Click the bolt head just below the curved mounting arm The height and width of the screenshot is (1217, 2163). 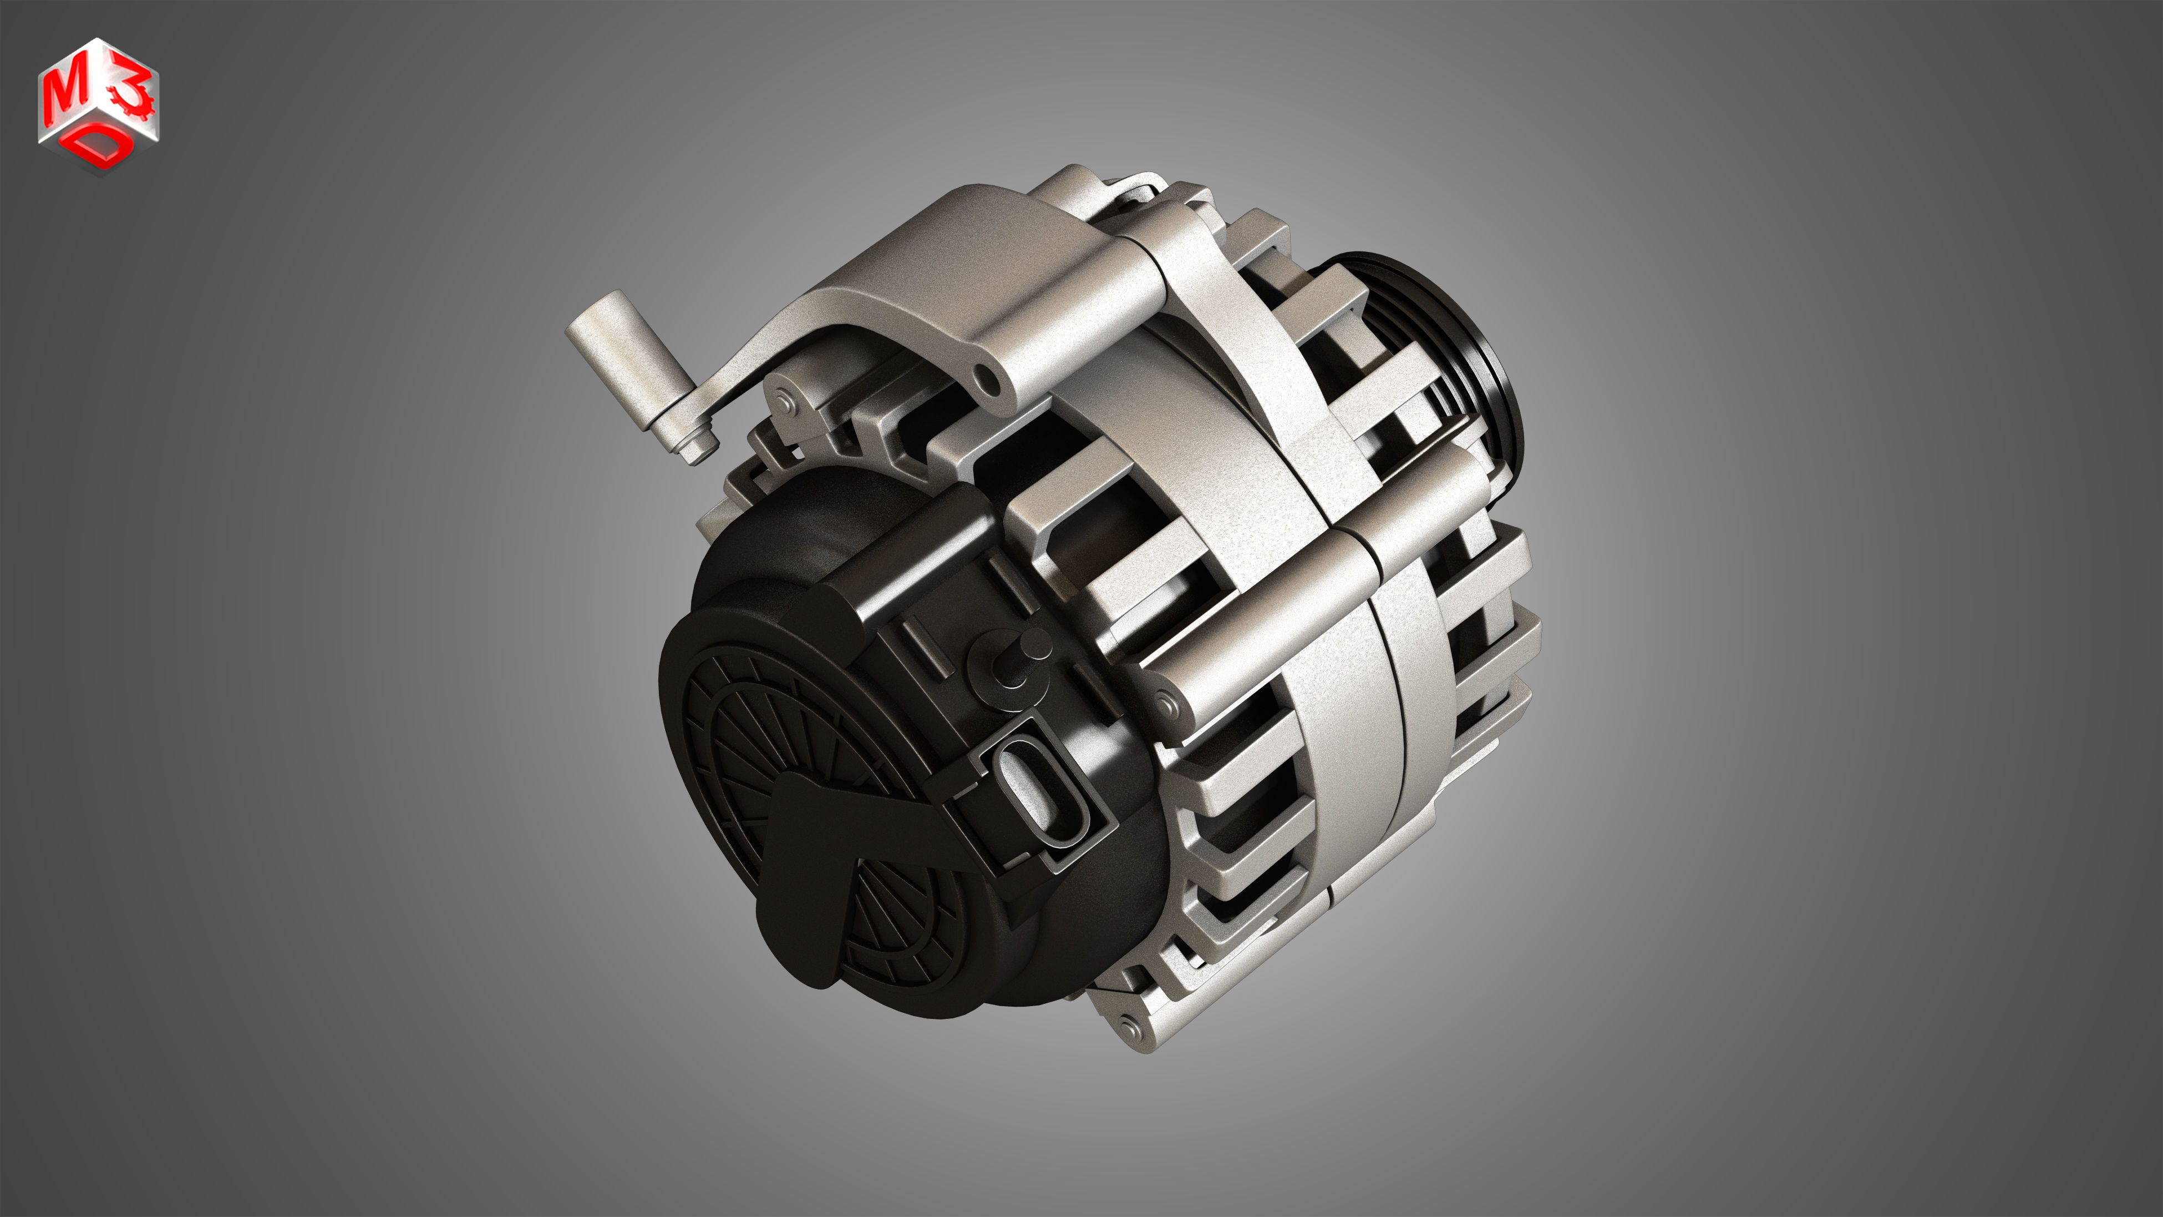coord(786,401)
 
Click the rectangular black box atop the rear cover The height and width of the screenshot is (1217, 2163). coord(915,546)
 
